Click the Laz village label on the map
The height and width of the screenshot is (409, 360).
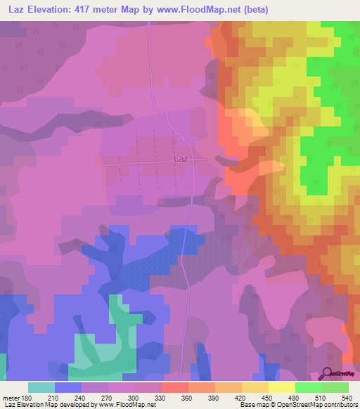(x=180, y=160)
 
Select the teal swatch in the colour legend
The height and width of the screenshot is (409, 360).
(x=41, y=388)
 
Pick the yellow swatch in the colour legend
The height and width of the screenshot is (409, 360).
(x=281, y=388)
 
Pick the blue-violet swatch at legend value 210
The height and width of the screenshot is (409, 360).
(x=67, y=388)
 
